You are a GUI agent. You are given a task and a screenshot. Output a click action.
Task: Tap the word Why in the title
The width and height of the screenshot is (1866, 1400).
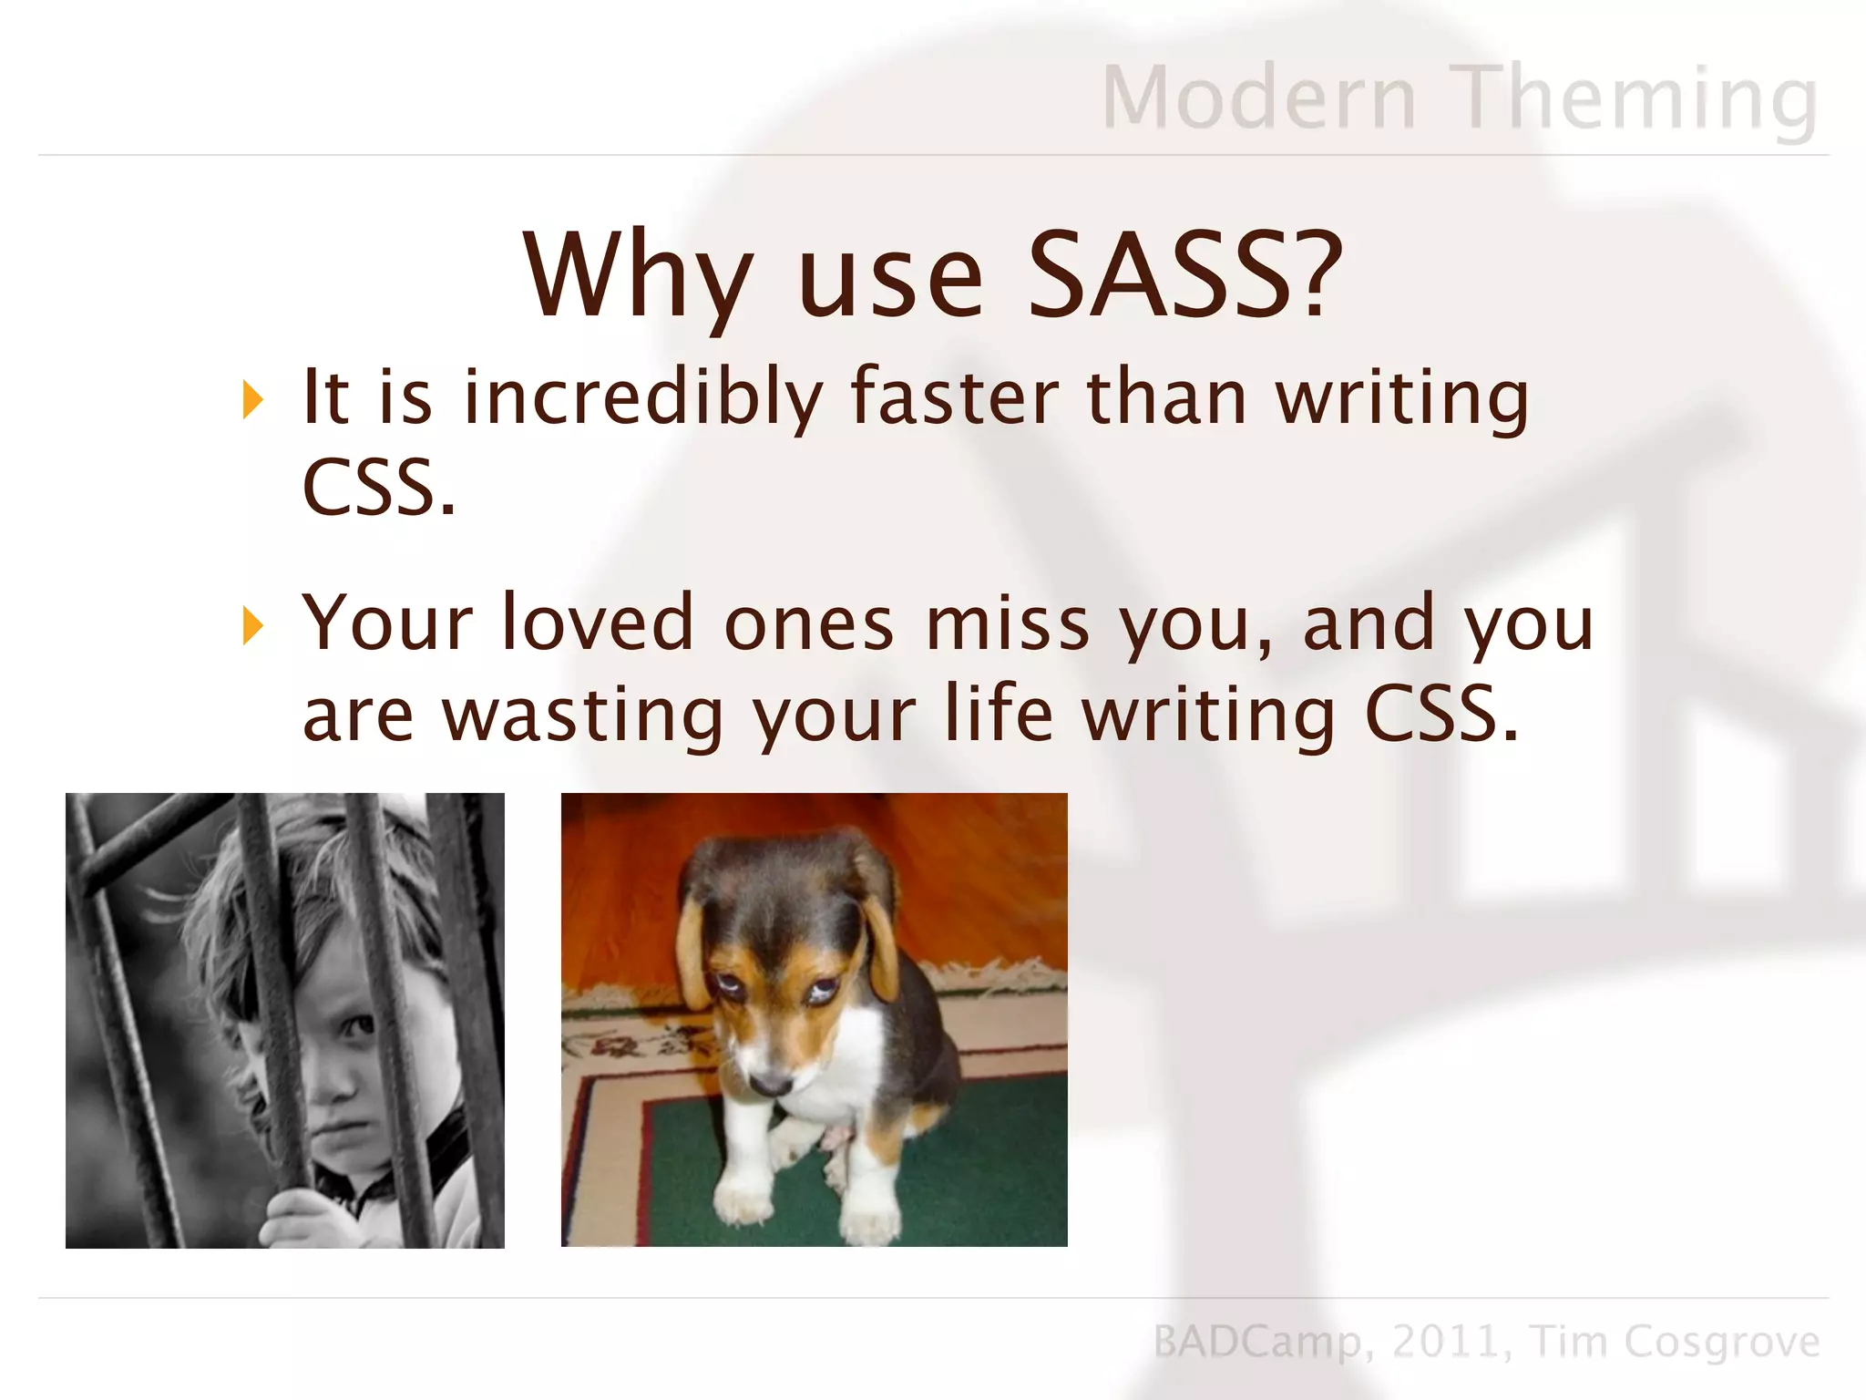pos(638,275)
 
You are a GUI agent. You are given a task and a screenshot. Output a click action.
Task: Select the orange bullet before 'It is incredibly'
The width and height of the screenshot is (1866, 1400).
pos(252,400)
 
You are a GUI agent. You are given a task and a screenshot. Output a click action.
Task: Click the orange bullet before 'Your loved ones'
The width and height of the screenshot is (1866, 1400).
pos(252,626)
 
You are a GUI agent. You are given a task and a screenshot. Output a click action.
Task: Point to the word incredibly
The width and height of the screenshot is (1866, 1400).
pos(643,397)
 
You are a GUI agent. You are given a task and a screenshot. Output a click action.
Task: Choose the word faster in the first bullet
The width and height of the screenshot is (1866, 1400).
pos(955,397)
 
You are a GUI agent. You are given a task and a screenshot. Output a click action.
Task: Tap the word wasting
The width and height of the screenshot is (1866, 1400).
pos(583,715)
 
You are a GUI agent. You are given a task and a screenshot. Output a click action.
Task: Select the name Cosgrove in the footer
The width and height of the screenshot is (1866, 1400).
pos(1722,1342)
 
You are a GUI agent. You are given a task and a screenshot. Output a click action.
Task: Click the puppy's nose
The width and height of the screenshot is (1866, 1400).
pos(771,1083)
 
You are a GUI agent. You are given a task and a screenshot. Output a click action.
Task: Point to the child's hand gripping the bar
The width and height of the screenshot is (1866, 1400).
pos(301,1217)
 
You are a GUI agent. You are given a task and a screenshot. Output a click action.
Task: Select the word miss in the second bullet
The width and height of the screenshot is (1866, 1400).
pos(1008,624)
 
